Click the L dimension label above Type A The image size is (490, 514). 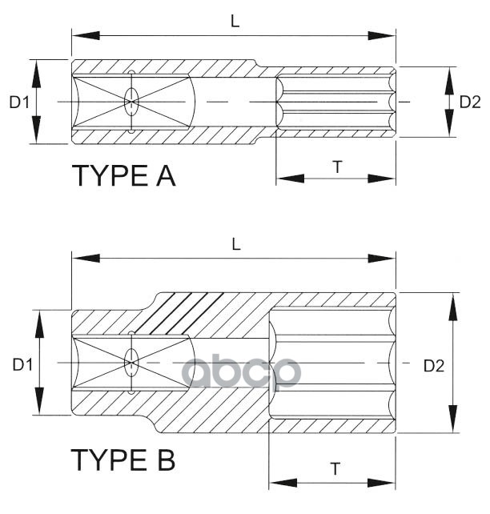(x=235, y=22)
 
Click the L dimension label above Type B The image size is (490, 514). (x=236, y=245)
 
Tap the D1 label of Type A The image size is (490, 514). (x=19, y=102)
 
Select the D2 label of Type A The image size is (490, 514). (x=470, y=102)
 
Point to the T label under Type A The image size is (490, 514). (x=337, y=167)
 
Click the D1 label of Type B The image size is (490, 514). (x=22, y=364)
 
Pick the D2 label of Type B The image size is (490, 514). (x=433, y=365)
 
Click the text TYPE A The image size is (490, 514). (x=123, y=175)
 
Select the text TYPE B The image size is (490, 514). (x=123, y=460)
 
